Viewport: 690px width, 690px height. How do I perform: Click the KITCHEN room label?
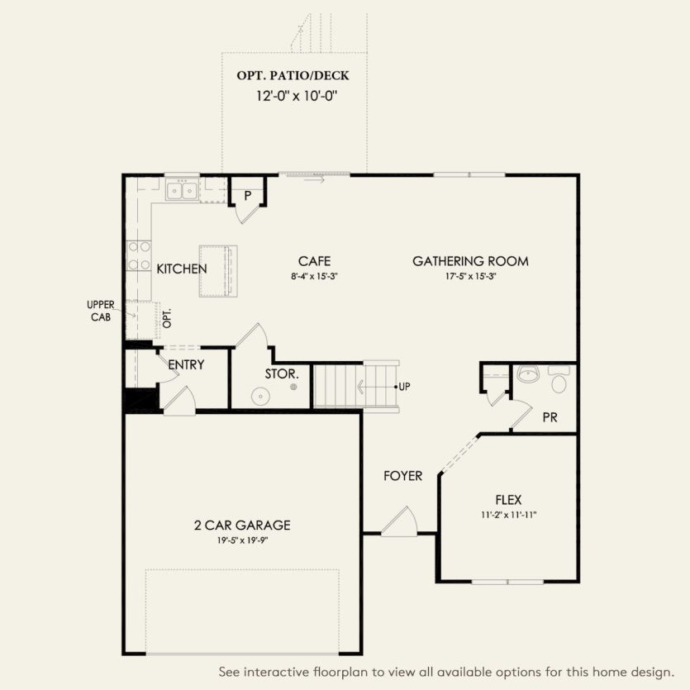point(182,269)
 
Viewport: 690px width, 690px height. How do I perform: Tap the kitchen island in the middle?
point(217,270)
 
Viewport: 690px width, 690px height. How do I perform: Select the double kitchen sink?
point(181,192)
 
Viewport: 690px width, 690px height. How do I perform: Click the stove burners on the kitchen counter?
point(138,255)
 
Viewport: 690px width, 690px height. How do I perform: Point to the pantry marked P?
point(246,195)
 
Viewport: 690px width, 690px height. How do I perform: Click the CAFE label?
point(315,261)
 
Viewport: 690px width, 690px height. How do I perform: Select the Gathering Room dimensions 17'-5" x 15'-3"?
point(470,276)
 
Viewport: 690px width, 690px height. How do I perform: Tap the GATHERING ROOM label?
point(470,261)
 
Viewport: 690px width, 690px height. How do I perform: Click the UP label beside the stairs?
point(404,387)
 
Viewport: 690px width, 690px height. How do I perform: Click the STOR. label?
point(281,374)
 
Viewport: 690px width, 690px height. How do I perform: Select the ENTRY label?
point(186,364)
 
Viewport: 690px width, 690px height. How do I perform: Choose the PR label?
point(550,417)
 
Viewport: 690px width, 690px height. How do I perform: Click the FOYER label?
point(402,476)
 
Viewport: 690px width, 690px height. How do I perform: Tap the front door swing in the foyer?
point(401,522)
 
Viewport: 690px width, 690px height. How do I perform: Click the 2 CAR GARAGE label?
point(241,525)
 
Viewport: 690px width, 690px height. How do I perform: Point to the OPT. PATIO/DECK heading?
point(293,75)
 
